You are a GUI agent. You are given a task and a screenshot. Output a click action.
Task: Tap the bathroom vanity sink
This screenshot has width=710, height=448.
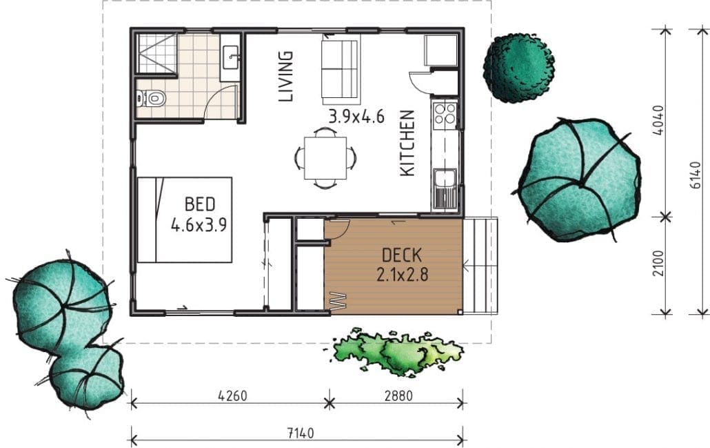(x=230, y=57)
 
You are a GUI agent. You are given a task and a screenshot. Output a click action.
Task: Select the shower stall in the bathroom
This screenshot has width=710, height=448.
(x=156, y=54)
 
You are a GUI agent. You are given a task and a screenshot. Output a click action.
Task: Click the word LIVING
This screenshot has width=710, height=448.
(x=285, y=76)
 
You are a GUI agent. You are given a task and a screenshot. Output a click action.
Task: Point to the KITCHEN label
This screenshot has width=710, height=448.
(x=407, y=143)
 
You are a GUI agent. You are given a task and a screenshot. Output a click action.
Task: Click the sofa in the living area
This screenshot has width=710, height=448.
(x=341, y=70)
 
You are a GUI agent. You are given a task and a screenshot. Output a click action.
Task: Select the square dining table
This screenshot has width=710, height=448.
(x=325, y=158)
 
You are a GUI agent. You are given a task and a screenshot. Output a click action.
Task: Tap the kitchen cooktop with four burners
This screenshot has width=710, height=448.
(x=445, y=114)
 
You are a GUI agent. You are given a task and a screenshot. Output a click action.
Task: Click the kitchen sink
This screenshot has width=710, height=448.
(x=445, y=188)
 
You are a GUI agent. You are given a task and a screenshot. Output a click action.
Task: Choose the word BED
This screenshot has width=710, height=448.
(x=200, y=204)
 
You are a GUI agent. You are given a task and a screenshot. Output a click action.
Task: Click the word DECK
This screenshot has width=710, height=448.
(x=402, y=255)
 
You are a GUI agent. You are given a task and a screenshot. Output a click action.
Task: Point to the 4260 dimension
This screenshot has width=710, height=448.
(x=233, y=396)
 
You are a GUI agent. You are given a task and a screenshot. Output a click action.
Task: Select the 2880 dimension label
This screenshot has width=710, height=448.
(x=398, y=396)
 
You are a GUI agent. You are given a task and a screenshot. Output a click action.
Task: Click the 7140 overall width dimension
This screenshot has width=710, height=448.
(x=301, y=434)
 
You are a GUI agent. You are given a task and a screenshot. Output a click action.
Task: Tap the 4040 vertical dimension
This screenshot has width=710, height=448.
(x=659, y=120)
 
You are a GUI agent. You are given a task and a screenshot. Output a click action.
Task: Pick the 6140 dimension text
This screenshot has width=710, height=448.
(x=697, y=173)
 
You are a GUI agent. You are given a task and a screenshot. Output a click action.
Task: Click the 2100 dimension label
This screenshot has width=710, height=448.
(x=659, y=262)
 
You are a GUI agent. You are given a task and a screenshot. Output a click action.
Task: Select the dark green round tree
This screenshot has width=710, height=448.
(x=519, y=68)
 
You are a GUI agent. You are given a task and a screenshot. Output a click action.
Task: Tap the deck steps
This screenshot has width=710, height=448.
(x=481, y=266)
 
